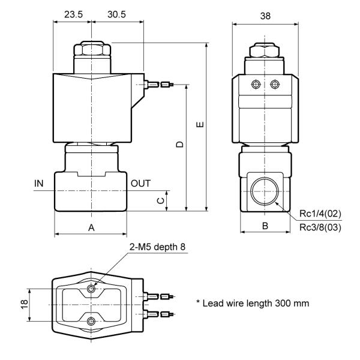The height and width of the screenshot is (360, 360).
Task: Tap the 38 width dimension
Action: [x=265, y=16]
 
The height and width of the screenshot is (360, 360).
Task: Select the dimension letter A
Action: [x=91, y=227]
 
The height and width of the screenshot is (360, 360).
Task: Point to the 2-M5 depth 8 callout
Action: [x=158, y=247]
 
